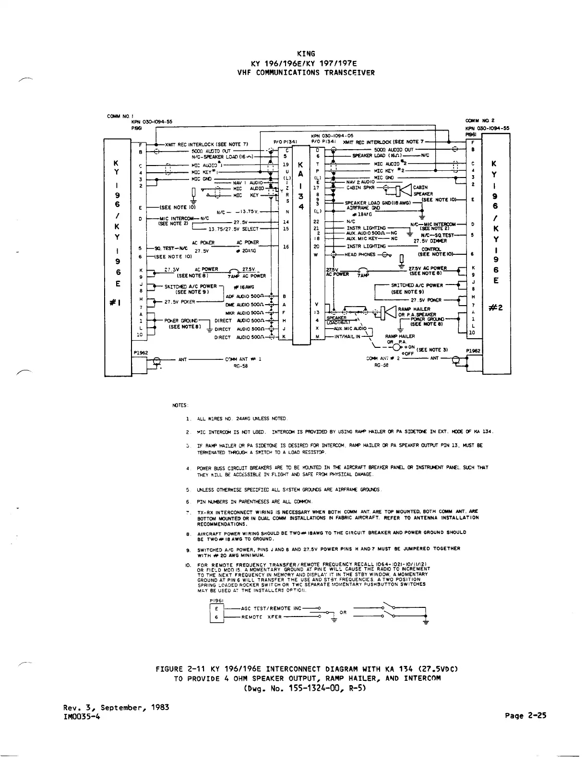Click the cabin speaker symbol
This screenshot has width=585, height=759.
[405, 191]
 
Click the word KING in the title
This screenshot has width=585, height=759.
[306, 54]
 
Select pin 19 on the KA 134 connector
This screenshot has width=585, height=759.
[286, 164]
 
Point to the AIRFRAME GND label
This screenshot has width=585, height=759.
[363, 208]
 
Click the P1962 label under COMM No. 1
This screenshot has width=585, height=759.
[141, 352]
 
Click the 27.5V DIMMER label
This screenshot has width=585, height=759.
[430, 241]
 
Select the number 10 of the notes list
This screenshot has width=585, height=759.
[188, 565]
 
